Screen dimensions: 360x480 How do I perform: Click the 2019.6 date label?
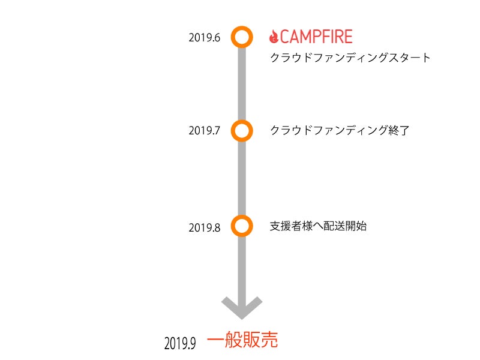[x=205, y=38]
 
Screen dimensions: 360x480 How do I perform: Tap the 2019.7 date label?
[x=205, y=130]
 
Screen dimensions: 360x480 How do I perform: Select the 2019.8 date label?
[x=205, y=227]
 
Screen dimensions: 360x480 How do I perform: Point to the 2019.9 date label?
[x=180, y=343]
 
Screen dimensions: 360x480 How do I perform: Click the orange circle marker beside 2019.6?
[x=241, y=37]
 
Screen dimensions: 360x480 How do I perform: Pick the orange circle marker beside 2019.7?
[x=241, y=130]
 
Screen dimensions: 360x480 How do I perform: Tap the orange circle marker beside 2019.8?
[x=241, y=226]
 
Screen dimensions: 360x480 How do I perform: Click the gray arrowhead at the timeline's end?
[x=241, y=307]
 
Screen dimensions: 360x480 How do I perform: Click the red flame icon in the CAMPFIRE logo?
[x=274, y=37]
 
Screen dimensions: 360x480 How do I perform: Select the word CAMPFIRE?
[x=316, y=37]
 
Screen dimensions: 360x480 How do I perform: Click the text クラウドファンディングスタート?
[x=350, y=58]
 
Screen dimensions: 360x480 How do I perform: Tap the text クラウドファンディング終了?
[x=340, y=130]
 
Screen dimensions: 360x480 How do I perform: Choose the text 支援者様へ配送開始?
[x=318, y=226]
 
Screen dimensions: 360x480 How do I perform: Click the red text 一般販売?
[x=242, y=340]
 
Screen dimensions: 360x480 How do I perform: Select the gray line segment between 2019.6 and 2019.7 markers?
[x=241, y=83]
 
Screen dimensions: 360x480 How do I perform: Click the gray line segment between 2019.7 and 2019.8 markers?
[x=241, y=178]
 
